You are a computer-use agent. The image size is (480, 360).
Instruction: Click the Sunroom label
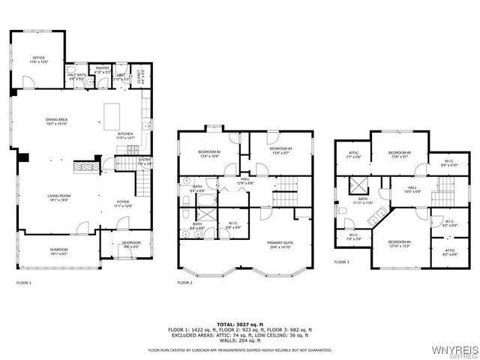point(58,251)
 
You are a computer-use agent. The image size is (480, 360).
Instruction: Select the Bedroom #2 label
point(208,153)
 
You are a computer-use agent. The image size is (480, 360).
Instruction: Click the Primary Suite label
point(279,244)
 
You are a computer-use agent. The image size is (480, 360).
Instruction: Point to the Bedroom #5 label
point(398,154)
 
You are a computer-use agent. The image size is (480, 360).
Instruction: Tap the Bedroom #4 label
point(398,243)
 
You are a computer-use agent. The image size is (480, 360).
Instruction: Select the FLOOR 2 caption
point(184,283)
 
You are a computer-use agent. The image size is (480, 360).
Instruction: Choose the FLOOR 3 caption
point(342,262)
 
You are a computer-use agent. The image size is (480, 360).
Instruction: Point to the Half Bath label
point(76,75)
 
